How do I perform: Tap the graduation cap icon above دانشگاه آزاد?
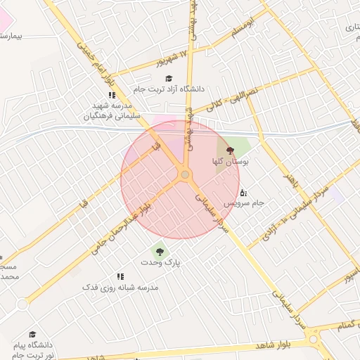[x=168, y=78]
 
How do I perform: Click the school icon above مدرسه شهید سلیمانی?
[x=111, y=95]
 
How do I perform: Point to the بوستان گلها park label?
[x=231, y=162]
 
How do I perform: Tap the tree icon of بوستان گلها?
[x=231, y=150]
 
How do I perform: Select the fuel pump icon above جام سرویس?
[x=243, y=192]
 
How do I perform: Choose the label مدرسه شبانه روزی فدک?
[x=120, y=288]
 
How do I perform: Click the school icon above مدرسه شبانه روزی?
[x=120, y=276]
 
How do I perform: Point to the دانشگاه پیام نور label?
[x=33, y=351]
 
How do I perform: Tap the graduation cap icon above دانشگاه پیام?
[x=32, y=335]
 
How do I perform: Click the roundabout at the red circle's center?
[x=185, y=174]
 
